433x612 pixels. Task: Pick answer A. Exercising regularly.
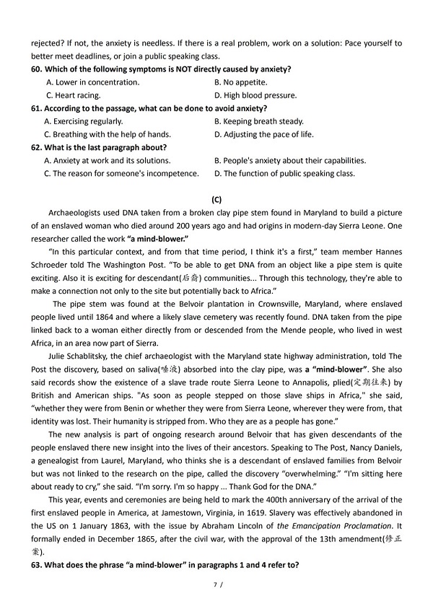(83, 121)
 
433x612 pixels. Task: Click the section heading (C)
(216, 198)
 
